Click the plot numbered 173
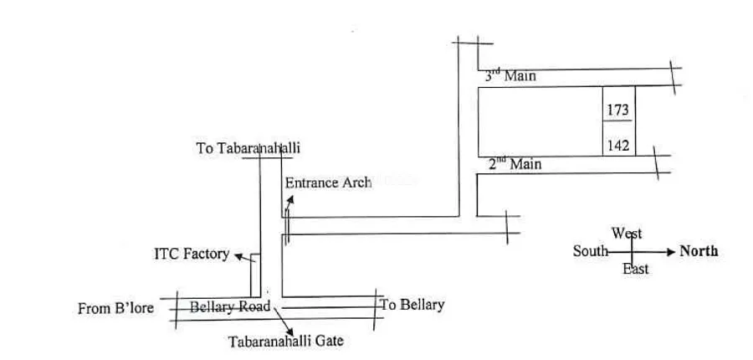[x=618, y=110]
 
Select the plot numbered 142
[x=618, y=144]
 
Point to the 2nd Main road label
[x=515, y=164]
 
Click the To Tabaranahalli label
[x=248, y=148]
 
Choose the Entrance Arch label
[x=328, y=183]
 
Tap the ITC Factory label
[x=192, y=253]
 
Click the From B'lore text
[x=115, y=308]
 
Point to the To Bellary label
[x=412, y=305]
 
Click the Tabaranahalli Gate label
[x=286, y=341]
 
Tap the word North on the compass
[x=699, y=250]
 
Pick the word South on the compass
[x=590, y=250]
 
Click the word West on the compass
[x=627, y=234]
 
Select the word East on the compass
[x=635, y=269]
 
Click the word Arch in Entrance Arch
[x=356, y=183]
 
